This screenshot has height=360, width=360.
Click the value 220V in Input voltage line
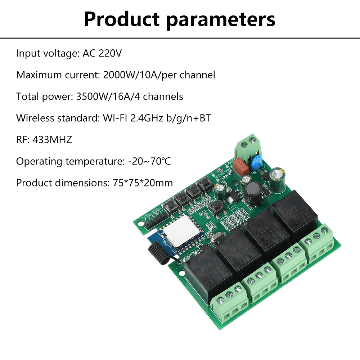[110, 54]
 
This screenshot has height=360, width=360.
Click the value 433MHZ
[52, 140]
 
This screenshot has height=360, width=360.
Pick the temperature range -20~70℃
[149, 161]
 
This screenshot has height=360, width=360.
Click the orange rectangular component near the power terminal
[240, 165]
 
